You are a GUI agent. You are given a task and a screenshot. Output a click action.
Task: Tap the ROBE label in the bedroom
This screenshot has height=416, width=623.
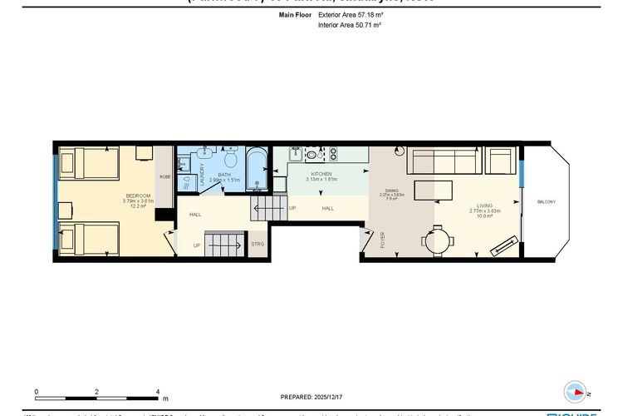click(165, 177)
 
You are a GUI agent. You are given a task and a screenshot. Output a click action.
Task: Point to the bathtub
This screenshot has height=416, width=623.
click(258, 170)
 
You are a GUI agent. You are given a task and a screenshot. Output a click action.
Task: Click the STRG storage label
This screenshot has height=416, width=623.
click(258, 245)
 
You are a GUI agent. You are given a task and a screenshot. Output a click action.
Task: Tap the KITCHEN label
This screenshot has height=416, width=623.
click(321, 174)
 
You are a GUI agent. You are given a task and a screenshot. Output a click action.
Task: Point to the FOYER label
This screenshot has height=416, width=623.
click(383, 240)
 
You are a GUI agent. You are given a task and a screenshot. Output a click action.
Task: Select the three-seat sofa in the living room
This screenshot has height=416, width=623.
click(443, 158)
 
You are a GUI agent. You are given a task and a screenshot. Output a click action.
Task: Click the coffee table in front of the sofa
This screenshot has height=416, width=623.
click(434, 190)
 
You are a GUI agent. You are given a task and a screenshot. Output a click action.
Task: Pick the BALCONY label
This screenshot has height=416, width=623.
click(546, 202)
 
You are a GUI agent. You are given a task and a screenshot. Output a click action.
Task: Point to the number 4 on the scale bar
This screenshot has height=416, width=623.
click(158, 391)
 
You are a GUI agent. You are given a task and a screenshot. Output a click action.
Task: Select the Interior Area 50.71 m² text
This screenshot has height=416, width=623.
click(349, 26)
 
